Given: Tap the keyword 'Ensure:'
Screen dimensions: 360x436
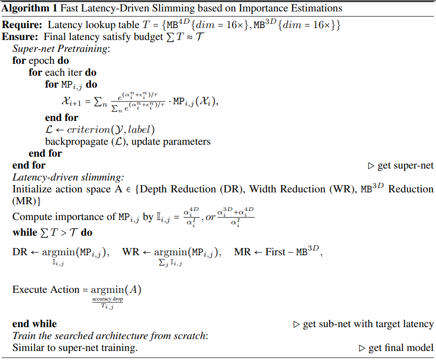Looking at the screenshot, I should coord(20,37).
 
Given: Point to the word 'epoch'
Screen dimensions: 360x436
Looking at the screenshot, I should coord(42,61).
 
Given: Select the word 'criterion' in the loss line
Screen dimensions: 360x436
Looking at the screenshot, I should coord(88,130).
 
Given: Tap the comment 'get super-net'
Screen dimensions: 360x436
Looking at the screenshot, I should coord(405,166).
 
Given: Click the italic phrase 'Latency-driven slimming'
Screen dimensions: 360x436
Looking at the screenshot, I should coord(67,177).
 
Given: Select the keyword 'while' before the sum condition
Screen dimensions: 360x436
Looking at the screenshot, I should coord(24,233).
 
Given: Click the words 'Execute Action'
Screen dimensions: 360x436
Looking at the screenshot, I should coord(45,290).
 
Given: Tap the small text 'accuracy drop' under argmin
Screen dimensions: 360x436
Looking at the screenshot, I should coord(108,299).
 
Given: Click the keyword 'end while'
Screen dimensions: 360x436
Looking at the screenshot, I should coord(34,324).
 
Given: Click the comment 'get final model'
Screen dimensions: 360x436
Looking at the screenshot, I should coord(401,348).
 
